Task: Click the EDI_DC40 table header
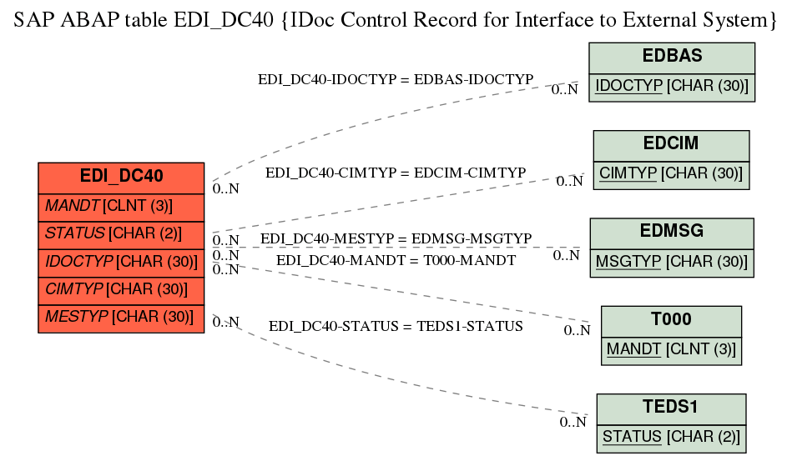121,177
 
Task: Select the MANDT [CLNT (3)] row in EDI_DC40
121,206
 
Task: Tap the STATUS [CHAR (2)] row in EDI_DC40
121,233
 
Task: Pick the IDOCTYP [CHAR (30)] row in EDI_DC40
121,262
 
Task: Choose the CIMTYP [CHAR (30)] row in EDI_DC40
121,289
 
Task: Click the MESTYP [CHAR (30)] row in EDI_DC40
121,318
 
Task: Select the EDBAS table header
672,57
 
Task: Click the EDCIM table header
671,143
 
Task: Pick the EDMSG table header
672,231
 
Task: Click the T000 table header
671,319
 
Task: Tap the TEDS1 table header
671,407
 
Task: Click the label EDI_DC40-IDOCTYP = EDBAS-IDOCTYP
395,79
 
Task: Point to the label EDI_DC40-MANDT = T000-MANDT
396,260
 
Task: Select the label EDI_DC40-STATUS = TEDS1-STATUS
396,326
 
